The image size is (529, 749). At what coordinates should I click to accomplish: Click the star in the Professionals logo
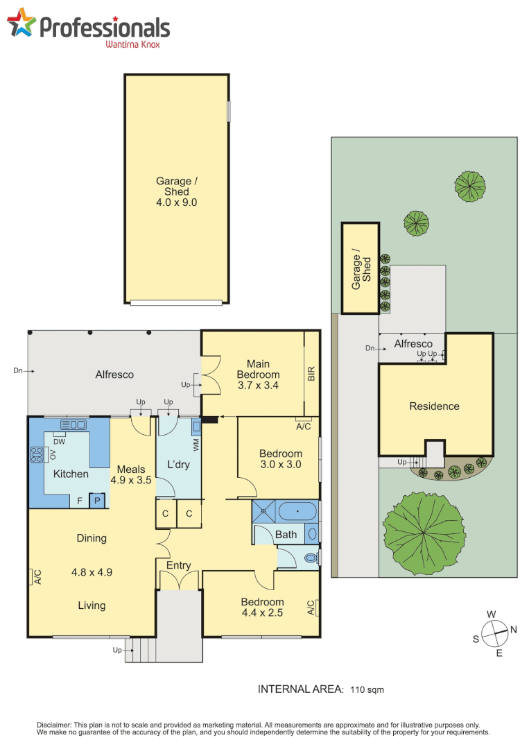point(21,24)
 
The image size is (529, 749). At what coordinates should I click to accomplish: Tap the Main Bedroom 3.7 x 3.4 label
point(258,374)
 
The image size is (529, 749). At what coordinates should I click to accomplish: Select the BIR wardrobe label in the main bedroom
point(311,374)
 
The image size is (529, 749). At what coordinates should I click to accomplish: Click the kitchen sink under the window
point(73,424)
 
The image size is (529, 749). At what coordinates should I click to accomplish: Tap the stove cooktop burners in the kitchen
point(35,454)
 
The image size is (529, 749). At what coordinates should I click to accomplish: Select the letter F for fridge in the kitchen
point(80,500)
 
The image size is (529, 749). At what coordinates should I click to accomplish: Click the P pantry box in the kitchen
point(97,500)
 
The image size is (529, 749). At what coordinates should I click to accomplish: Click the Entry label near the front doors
point(178,566)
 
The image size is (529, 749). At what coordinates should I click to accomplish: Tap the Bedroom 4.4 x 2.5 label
point(262,607)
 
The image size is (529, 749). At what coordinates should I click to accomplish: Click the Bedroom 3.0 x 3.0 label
point(281,459)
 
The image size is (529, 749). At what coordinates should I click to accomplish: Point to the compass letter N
point(514,629)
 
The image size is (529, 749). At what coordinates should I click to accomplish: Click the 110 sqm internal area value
point(367,689)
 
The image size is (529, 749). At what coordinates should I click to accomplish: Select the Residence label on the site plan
point(434,406)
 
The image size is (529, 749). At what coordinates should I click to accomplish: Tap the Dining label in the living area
point(92,538)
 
